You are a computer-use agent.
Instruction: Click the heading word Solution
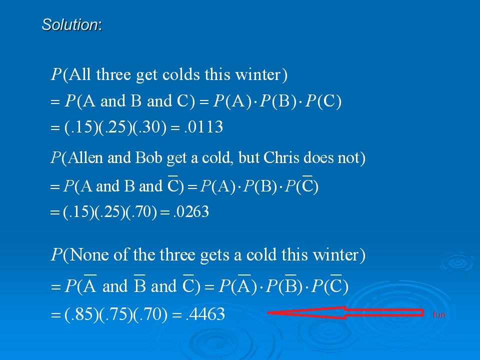(x=70, y=24)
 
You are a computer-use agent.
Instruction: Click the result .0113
(x=203, y=127)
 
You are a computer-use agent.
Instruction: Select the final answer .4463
(x=205, y=314)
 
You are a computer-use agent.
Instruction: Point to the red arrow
(x=345, y=312)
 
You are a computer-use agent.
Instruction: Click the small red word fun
(x=439, y=314)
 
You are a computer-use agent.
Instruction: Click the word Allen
(x=85, y=158)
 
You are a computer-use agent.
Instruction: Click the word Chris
(x=281, y=158)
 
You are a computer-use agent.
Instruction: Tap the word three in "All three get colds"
(x=113, y=74)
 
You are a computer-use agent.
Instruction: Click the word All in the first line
(x=80, y=74)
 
